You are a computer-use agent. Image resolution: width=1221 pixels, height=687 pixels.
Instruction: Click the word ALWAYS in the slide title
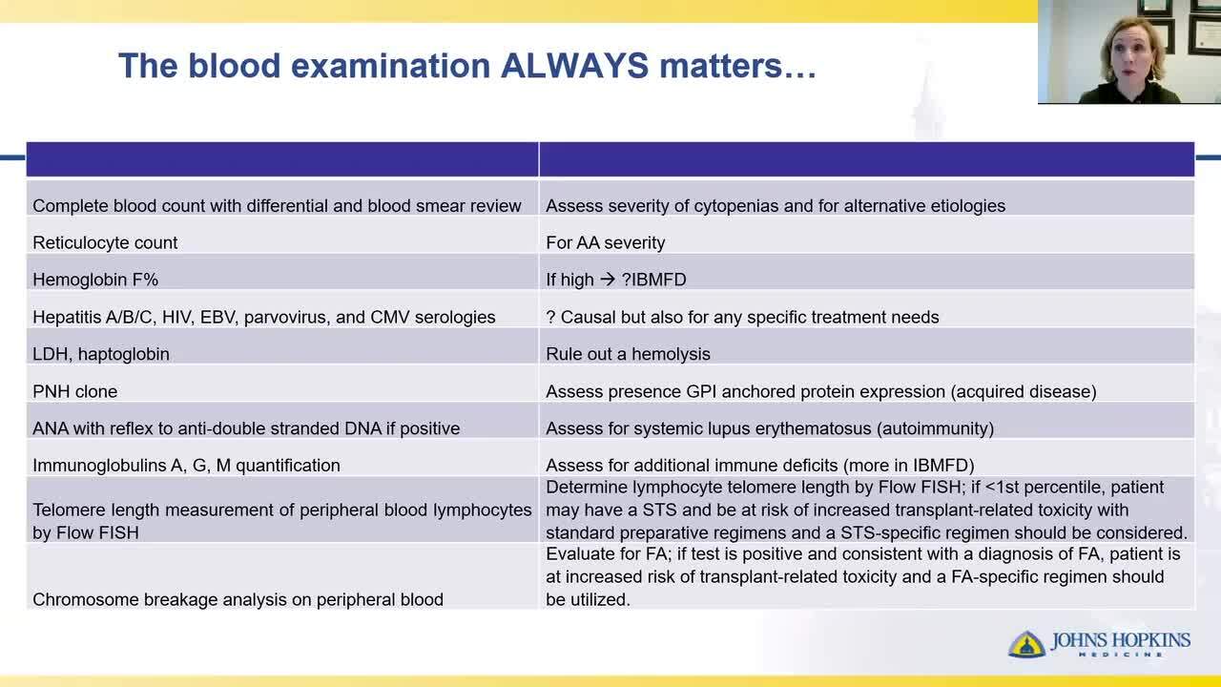coord(574,66)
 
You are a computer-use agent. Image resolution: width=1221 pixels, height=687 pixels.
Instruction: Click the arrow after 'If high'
coord(608,280)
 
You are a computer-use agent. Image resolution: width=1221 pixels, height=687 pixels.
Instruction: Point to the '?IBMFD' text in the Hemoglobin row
coord(654,280)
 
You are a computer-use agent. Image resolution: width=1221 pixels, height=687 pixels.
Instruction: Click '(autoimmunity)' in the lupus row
coord(936,428)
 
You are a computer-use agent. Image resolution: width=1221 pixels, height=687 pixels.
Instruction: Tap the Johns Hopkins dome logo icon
coord(1026,644)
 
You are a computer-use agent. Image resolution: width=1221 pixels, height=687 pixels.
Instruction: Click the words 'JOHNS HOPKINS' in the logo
coord(1121,640)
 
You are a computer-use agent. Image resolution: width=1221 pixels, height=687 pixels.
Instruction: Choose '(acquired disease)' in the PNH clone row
coord(1024,391)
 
